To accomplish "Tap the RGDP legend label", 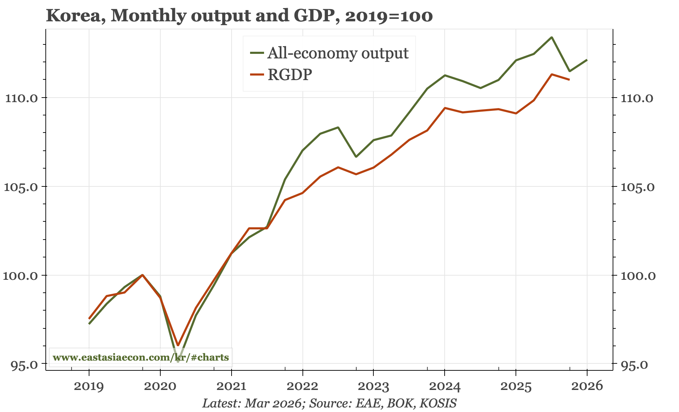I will (290, 74).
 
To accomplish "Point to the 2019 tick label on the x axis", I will (89, 386).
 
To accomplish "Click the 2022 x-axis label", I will (302, 386).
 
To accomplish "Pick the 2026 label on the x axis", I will (587, 386).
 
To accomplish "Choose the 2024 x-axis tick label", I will (445, 386).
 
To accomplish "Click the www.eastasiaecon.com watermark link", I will (141, 357).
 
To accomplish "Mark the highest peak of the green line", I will (552, 37).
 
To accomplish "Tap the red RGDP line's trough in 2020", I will (178, 345).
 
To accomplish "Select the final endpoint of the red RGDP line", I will (569, 80).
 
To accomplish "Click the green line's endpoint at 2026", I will (587, 60).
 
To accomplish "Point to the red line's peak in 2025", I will (552, 74).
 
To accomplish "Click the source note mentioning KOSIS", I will (329, 403).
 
